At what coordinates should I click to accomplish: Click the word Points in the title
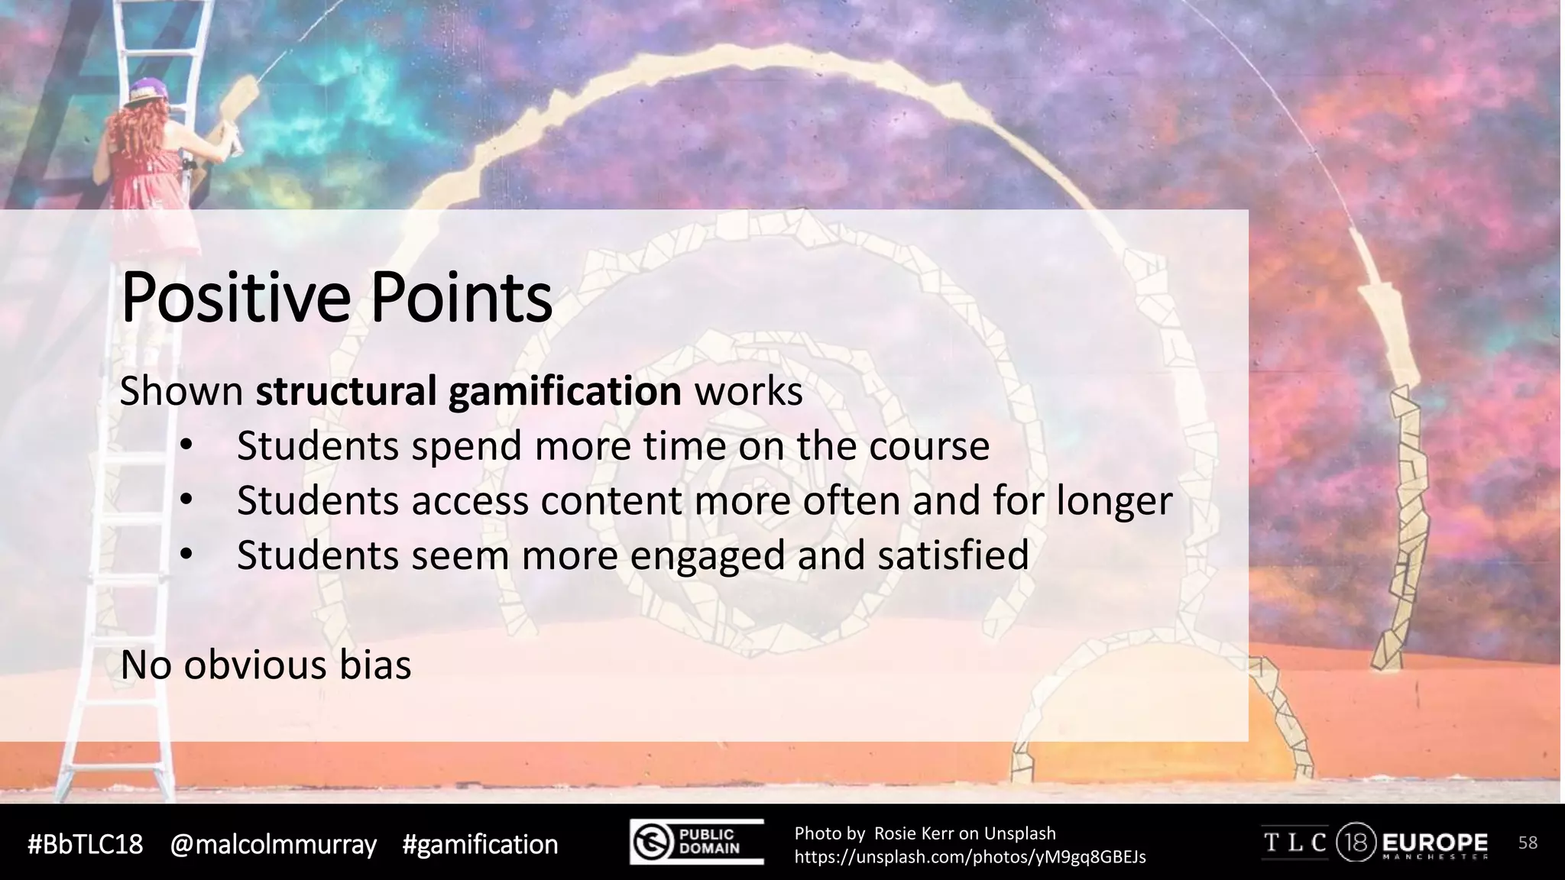462,298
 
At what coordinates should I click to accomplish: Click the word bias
375,665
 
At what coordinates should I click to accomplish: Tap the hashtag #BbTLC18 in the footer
85,844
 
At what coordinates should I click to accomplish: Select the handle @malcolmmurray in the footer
273,844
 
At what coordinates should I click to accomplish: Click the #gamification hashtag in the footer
480,844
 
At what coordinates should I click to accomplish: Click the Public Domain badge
696,842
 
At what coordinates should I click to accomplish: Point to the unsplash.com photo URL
970,857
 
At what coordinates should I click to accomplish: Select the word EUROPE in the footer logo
1434,843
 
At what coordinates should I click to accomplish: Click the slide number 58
1528,843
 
